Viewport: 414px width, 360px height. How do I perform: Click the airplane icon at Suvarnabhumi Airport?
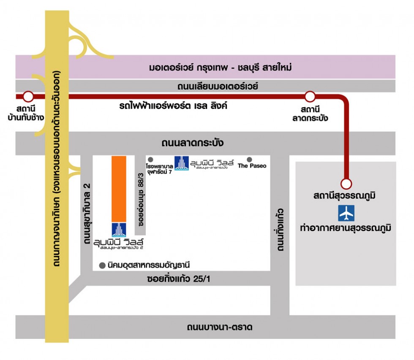coord(346,213)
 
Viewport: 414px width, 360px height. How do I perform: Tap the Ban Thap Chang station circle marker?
coord(28,97)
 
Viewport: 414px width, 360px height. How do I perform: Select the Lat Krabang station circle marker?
coord(310,97)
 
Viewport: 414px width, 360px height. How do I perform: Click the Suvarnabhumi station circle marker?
coord(346,184)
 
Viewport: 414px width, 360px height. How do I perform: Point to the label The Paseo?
coord(252,166)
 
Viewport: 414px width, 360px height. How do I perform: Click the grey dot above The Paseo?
coord(249,160)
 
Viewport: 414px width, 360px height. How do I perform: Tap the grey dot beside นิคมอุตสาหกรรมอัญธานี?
coord(102,265)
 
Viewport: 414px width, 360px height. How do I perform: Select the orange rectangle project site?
coord(119,189)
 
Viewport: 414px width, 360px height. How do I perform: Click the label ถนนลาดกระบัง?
coord(192,143)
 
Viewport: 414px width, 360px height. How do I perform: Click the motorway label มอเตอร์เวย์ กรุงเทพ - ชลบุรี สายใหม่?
coord(221,68)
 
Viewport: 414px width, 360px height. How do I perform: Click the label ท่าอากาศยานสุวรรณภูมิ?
coord(346,228)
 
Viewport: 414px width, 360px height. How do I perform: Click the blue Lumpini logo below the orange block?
coord(119,229)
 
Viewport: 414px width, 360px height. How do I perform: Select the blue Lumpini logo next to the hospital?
coord(182,163)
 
